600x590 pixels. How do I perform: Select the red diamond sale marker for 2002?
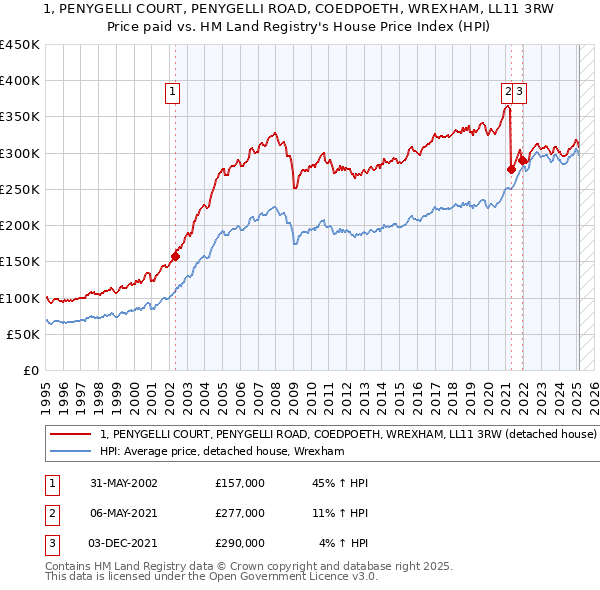[x=175, y=256]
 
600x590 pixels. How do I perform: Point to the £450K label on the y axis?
[x=20, y=45]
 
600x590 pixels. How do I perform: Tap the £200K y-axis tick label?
[x=20, y=226]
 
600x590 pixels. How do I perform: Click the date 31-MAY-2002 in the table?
[x=123, y=483]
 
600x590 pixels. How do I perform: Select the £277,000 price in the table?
[x=240, y=513]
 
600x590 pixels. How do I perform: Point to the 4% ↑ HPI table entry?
[x=344, y=543]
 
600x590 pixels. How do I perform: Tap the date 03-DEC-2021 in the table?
[x=124, y=543]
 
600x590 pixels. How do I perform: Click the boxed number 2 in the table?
[x=51, y=513]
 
